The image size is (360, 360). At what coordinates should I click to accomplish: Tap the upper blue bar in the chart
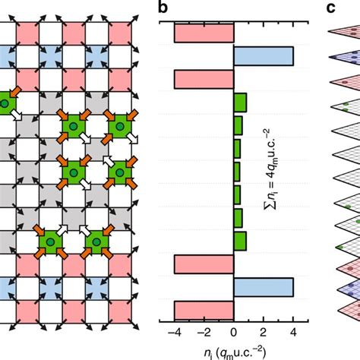click(x=263, y=56)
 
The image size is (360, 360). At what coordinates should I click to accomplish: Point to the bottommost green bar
click(x=239, y=241)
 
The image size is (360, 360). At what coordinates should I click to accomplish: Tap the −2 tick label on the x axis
click(x=202, y=331)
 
